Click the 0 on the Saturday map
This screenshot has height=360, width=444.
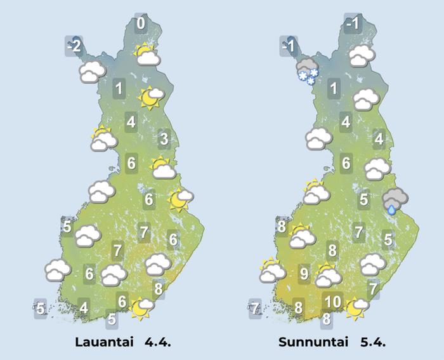coord(141,24)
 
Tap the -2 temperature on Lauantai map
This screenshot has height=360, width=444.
coord(74,46)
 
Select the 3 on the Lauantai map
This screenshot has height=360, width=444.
coord(163,139)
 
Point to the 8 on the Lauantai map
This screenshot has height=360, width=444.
coord(159,290)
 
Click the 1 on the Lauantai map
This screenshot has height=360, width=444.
coord(119,88)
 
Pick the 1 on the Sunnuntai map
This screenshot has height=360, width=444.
coord(334,88)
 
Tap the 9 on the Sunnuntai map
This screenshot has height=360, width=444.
coord(304,274)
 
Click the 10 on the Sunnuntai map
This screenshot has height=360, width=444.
coord(333,302)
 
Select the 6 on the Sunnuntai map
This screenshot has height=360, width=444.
coord(346,163)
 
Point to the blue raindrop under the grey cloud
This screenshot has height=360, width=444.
coord(393,209)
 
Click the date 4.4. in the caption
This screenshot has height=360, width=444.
coord(158,342)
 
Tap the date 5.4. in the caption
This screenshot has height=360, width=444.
coord(373,342)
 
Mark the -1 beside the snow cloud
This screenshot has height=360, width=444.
coord(289,46)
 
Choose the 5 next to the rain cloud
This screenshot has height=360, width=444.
coord(363,200)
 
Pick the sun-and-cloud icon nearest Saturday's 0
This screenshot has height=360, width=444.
coord(147,55)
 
